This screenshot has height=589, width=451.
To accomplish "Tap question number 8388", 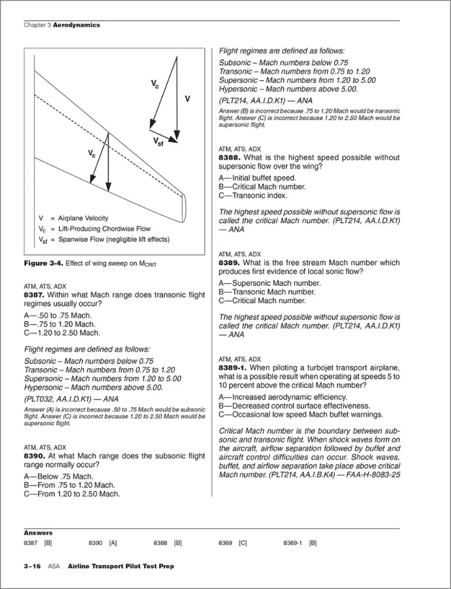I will click(230, 158).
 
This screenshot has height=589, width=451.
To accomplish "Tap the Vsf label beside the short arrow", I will click(158, 142).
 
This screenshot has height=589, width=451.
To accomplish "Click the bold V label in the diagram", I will click(187, 99).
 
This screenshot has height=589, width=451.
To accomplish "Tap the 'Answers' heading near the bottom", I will click(38, 533).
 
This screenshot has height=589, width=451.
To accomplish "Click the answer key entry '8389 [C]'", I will click(233, 542).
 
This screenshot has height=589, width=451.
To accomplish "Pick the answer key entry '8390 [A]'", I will click(103, 542).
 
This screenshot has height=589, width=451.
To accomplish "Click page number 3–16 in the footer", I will click(32, 566).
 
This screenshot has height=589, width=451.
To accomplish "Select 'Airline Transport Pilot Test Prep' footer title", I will click(121, 566).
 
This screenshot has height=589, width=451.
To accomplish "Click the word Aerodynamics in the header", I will click(76, 25).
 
